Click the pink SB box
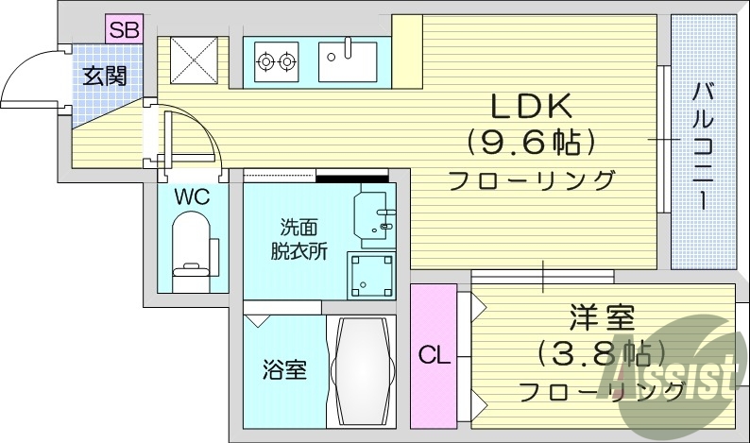pos(123,29)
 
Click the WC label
pos(191,198)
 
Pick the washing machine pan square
pos(371,274)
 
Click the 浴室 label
pos(284,369)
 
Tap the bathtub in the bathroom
pos(362,371)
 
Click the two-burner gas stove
pos(276,61)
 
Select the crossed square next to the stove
pos(193,62)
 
